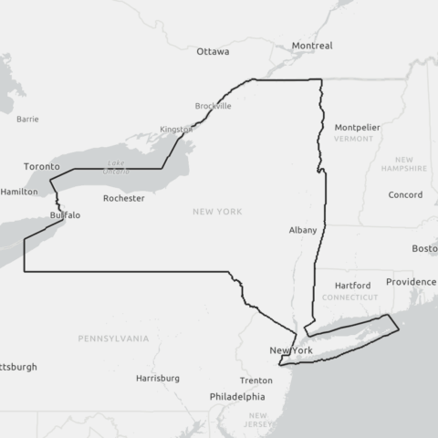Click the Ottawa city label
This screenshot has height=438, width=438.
pos(213,52)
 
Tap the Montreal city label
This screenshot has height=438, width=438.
pos(312,46)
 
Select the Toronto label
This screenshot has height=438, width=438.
pos(41,167)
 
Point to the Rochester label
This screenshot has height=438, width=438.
pos(123,198)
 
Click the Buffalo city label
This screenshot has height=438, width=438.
pos(65,215)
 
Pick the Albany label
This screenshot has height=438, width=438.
pos(302,230)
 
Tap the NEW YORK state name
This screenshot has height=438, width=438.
pos(217,212)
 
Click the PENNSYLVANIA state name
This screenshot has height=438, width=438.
pos(113,339)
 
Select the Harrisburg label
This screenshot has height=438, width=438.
pos(158,378)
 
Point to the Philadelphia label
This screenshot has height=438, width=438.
pos(237,397)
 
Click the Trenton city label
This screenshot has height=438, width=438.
pos(256,381)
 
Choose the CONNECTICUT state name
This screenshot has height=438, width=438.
pos(349,297)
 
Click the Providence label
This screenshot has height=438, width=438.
pos(411,282)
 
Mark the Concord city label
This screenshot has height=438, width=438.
pos(405,195)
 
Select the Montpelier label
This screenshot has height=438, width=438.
pos(357,127)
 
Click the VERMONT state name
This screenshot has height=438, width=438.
pos(354,139)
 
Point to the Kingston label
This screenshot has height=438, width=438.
pos(176,130)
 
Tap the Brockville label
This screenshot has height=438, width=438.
pos(214,106)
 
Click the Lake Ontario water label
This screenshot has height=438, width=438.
pos(116,167)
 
